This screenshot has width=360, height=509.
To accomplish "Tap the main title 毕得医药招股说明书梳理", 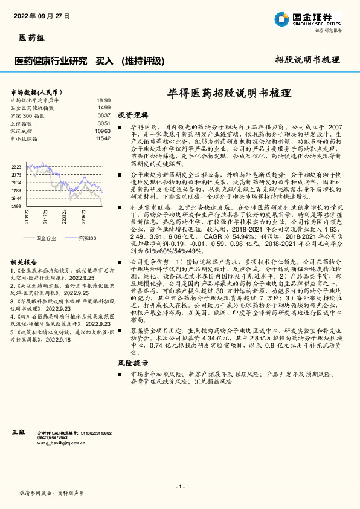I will pos(229,94).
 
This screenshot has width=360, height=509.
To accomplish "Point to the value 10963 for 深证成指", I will pos(103,131).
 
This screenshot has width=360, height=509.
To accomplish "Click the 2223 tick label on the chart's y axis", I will pos(16,167).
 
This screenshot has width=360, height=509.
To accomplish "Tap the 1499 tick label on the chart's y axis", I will pos(16,206).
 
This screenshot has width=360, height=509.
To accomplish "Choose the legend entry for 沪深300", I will pos(88,239).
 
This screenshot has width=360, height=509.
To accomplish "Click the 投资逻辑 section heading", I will pos(133,114).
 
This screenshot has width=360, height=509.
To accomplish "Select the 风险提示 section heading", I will pos(133,363).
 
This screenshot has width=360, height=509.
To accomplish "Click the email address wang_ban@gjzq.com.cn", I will pos(62,443).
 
